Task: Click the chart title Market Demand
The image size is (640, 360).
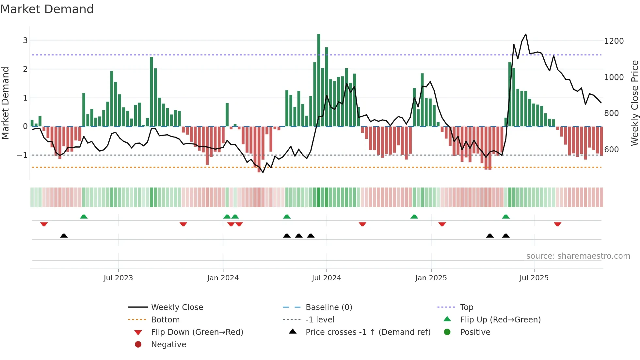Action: coord(47,9)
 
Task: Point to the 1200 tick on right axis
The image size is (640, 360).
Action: coord(614,41)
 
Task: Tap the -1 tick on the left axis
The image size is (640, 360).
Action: coord(22,155)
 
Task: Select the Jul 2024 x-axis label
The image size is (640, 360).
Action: coord(326,278)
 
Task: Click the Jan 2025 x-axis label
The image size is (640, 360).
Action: coord(431,278)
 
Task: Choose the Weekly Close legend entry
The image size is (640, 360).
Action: coord(177,307)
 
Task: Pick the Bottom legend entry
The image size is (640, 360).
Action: coord(165,320)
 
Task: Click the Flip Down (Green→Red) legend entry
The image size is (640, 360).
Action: coord(197,332)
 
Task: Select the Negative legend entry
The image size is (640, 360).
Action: coord(168,345)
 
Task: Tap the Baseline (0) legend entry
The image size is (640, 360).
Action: coord(328,307)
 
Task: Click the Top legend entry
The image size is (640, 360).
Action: coord(466,307)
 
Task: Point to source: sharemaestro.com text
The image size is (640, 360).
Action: coord(578,256)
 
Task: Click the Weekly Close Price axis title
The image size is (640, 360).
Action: coord(634,103)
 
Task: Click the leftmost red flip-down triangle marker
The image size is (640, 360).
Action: coord(44,224)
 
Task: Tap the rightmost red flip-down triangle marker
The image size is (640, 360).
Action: coord(557,224)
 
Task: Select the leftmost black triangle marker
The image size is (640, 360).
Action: coord(64,236)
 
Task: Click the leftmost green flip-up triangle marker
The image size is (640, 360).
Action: coord(84,217)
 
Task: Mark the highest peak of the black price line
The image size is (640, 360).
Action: coord(525,34)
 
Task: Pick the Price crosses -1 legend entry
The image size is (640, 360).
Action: coord(368,332)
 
